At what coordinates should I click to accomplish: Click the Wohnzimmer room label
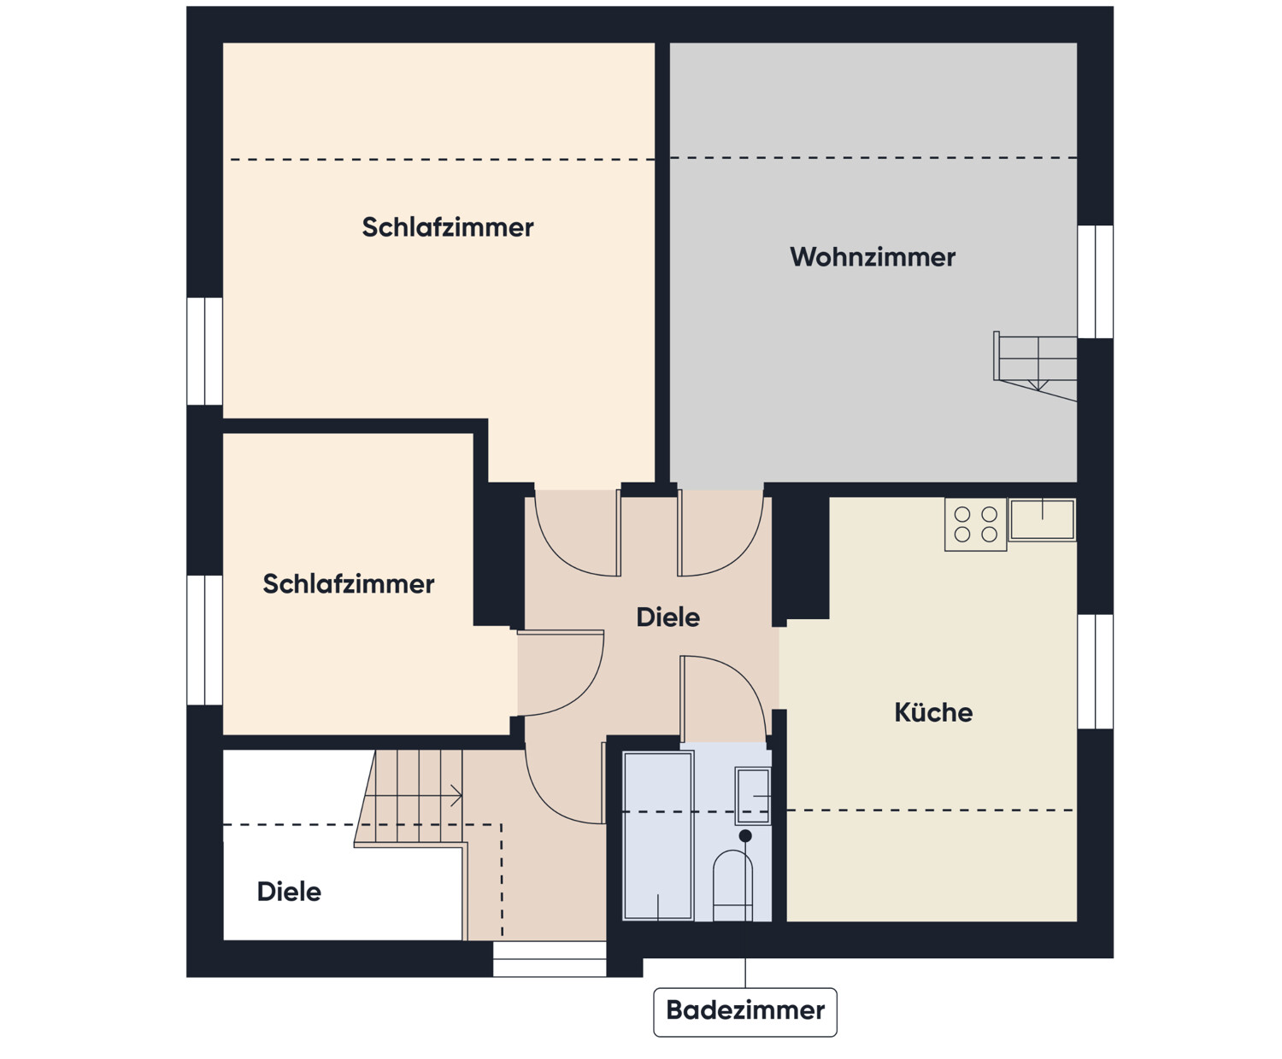(872, 257)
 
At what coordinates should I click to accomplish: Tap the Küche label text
(932, 712)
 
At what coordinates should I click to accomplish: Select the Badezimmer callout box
(744, 1011)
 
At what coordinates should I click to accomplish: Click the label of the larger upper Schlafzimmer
(447, 227)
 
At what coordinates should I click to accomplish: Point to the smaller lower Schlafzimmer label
(348, 584)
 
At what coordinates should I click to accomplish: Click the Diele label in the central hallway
(667, 617)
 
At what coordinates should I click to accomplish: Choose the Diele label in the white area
(289, 892)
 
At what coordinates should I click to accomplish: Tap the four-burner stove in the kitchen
(975, 524)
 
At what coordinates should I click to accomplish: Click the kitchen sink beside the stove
(1042, 519)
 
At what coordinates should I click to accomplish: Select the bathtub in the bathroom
(657, 835)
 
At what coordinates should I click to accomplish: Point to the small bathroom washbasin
(753, 795)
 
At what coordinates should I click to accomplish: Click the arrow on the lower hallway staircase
(455, 796)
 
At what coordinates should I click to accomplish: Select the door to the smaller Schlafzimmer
(561, 673)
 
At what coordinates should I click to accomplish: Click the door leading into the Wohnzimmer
(720, 533)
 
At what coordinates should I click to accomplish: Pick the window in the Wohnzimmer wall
(1095, 282)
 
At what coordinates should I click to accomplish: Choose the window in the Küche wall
(1095, 671)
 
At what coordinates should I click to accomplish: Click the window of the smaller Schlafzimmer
(205, 641)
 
